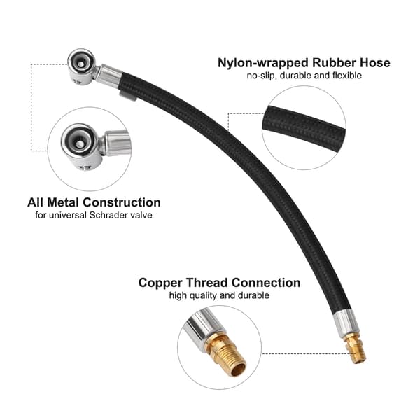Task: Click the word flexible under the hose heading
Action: coord(347,76)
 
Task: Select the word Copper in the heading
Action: coord(160,283)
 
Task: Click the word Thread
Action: coord(206,283)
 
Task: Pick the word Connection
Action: coord(266,283)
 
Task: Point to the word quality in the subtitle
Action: coord(203,295)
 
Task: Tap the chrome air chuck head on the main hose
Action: coord(82,67)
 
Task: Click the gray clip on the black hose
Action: coord(128,96)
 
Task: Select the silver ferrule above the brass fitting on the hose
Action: coord(346,325)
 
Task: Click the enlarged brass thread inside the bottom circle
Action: coord(227,353)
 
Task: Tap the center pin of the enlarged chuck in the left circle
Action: coord(79,145)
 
